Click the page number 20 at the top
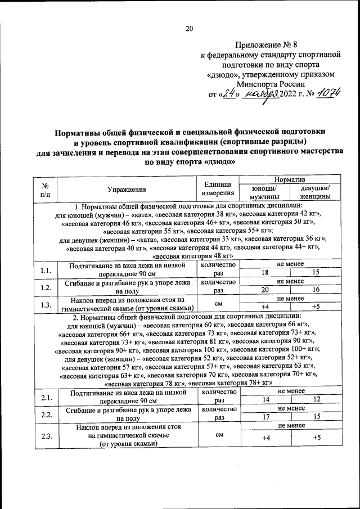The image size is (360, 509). (x=188, y=29)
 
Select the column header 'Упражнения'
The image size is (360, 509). (x=127, y=190)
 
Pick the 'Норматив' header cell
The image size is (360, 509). (x=285, y=179)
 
